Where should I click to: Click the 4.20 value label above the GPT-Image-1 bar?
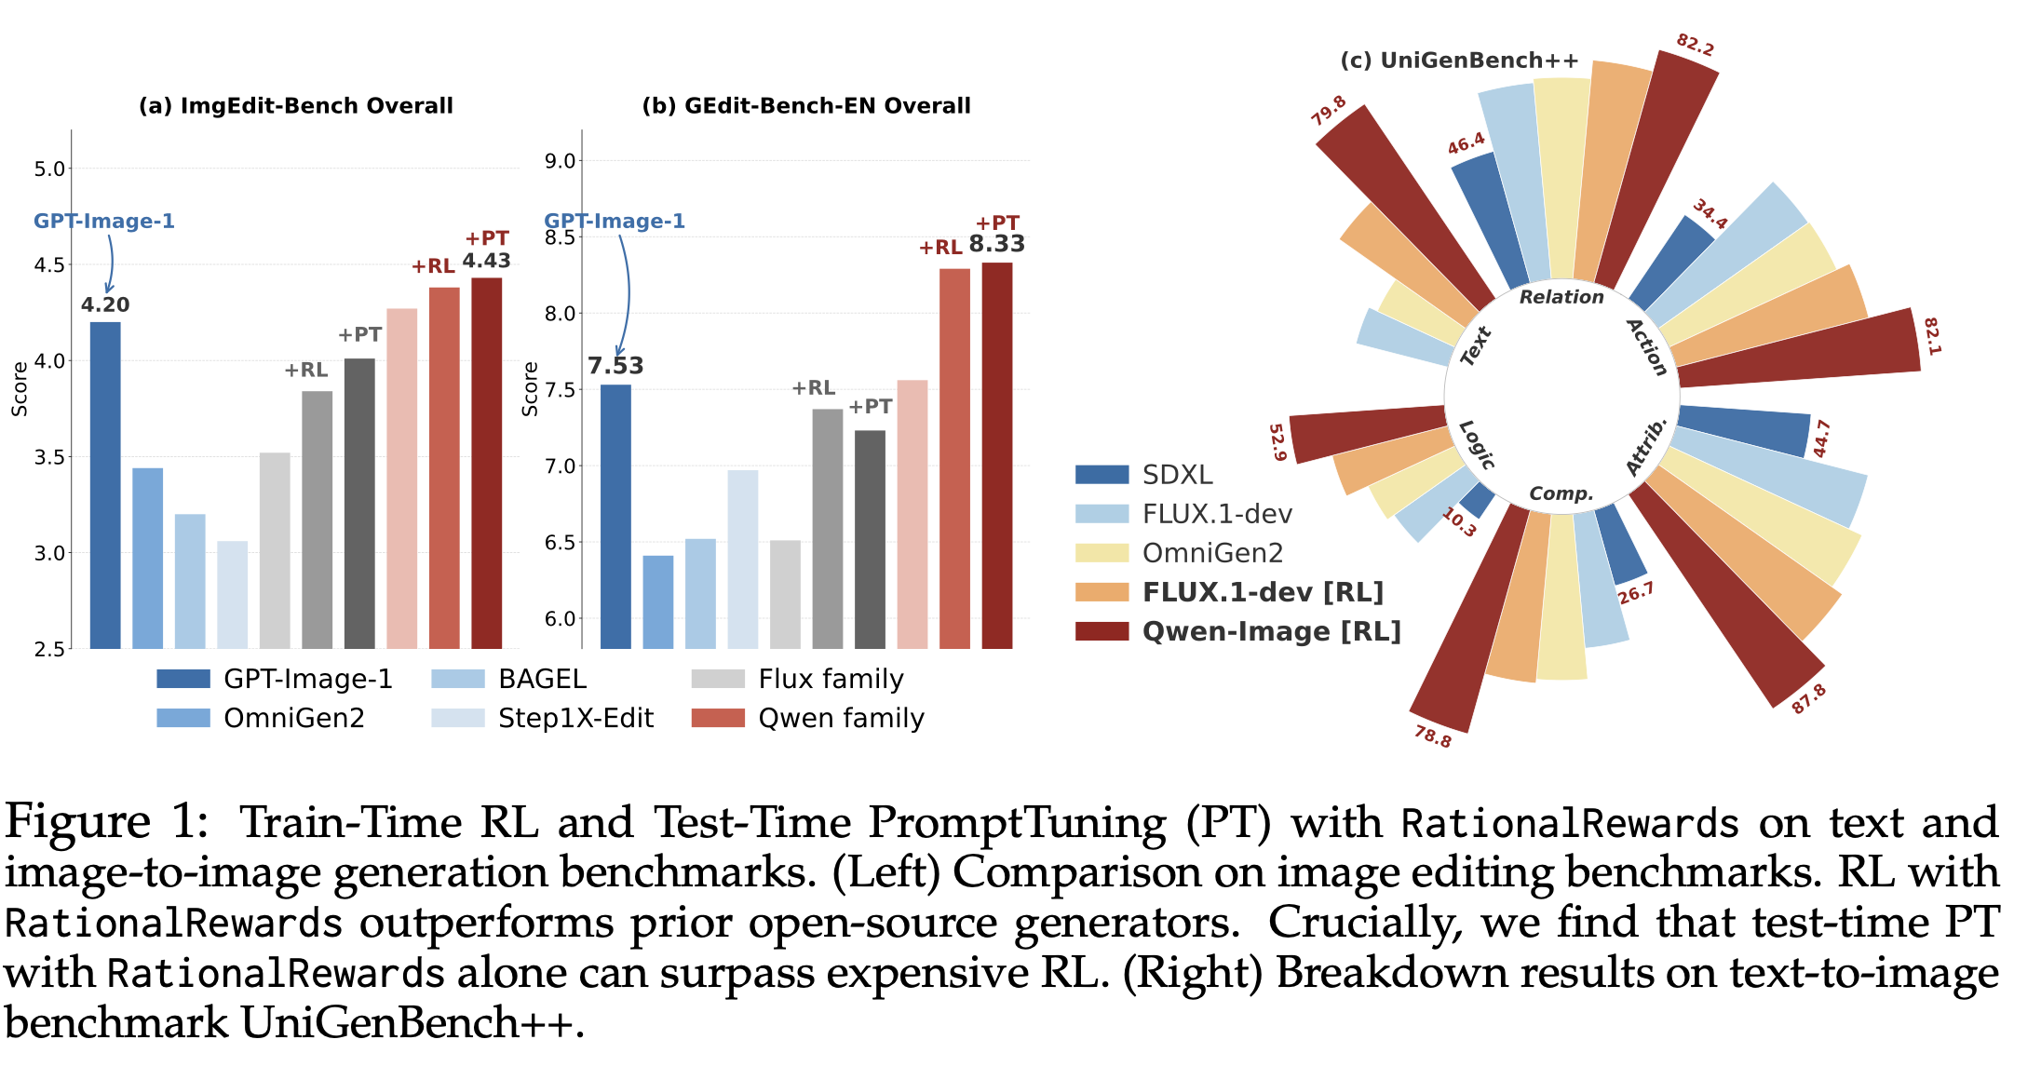click(x=105, y=304)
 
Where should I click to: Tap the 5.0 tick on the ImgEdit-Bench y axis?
click(x=49, y=169)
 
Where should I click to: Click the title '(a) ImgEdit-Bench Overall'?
click(x=296, y=105)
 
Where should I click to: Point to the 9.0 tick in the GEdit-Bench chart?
click(x=560, y=161)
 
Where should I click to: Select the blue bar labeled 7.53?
click(x=615, y=517)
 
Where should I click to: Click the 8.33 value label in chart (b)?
click(x=996, y=244)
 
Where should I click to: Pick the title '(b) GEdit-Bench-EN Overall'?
click(x=806, y=105)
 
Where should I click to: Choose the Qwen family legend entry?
click(x=808, y=718)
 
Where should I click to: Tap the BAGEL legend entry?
click(x=509, y=679)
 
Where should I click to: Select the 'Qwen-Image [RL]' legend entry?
click(x=1238, y=631)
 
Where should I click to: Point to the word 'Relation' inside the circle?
click(x=1561, y=297)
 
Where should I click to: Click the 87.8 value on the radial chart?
click(x=1808, y=698)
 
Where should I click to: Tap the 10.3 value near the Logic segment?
click(x=1459, y=522)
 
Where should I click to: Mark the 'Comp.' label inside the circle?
click(x=1561, y=493)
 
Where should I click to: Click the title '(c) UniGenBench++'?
click(x=1459, y=61)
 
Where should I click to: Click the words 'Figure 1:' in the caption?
click(x=107, y=822)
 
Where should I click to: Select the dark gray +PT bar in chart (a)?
click(x=359, y=503)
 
